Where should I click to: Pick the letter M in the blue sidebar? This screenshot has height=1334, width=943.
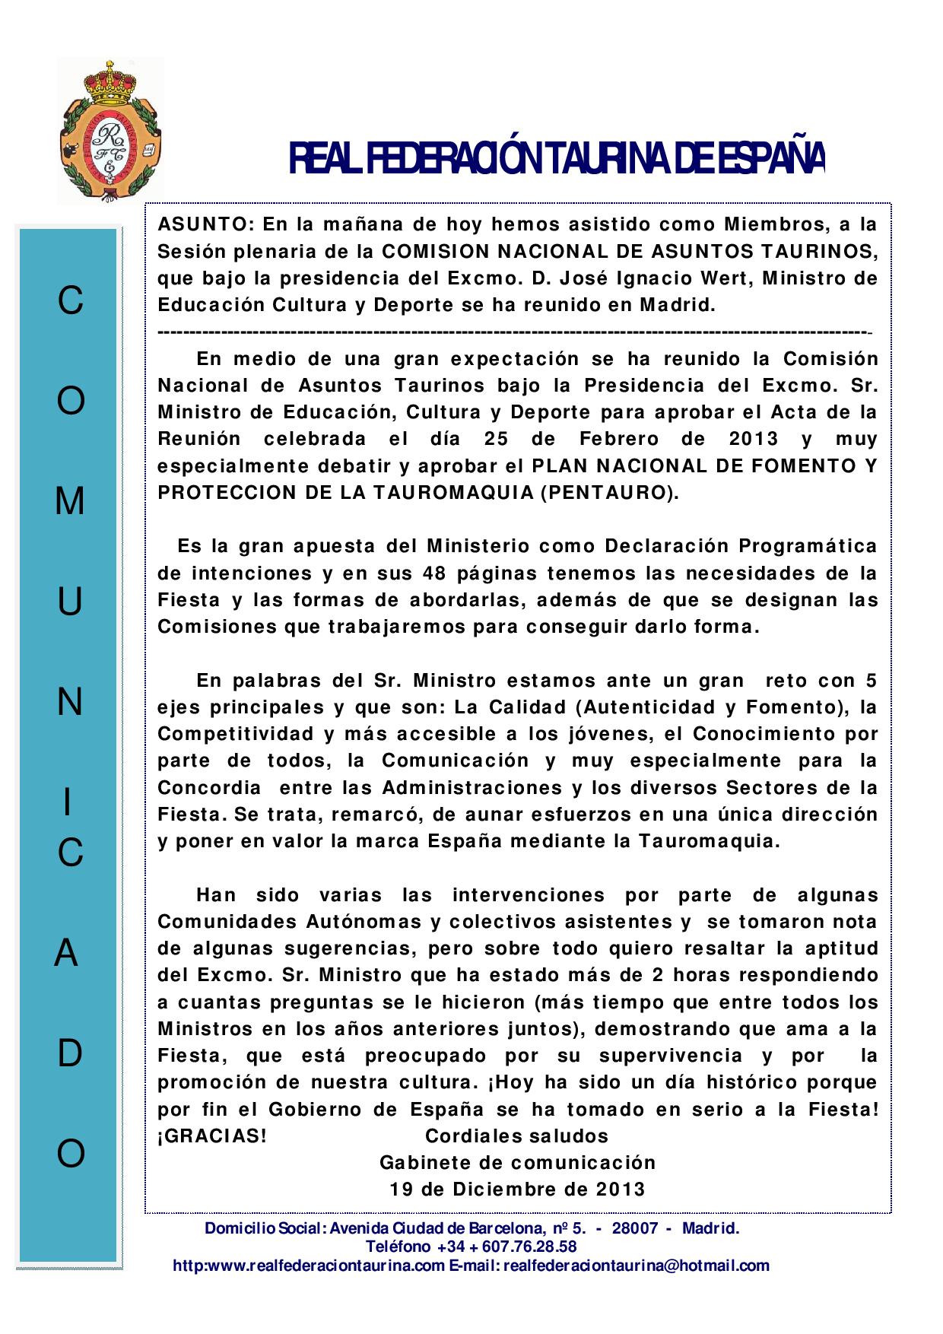coord(70,501)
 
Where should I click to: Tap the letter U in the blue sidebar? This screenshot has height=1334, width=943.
coord(70,602)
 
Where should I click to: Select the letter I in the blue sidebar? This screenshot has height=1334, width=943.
coord(68,803)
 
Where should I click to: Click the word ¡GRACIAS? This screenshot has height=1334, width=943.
coord(212,1136)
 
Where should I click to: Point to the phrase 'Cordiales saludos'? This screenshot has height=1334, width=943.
coord(516,1136)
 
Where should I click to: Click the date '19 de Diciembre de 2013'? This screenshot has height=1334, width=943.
coord(517,1189)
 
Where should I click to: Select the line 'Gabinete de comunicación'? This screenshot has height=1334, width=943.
coord(517,1163)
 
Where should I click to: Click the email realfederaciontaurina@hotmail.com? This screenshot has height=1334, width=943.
coord(637,1266)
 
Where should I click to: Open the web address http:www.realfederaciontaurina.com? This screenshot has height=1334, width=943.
coord(309,1266)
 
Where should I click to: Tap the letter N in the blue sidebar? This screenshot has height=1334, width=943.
coord(70,704)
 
